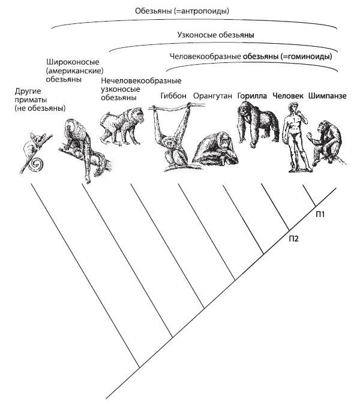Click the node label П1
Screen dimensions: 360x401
click(320, 214)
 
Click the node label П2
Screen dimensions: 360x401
click(293, 239)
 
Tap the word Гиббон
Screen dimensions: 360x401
click(173, 96)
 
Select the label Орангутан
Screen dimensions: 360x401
click(212, 96)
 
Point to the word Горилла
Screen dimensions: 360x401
click(252, 96)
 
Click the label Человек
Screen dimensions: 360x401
click(288, 96)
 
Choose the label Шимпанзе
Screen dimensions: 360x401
click(327, 96)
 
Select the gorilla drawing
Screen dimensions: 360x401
click(257, 125)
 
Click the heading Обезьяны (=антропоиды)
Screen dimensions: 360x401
click(182, 11)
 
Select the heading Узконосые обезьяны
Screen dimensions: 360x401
click(215, 35)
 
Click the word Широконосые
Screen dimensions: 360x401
click(73, 62)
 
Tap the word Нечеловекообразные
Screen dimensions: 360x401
click(141, 81)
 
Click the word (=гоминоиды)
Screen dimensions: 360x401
click(307, 56)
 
